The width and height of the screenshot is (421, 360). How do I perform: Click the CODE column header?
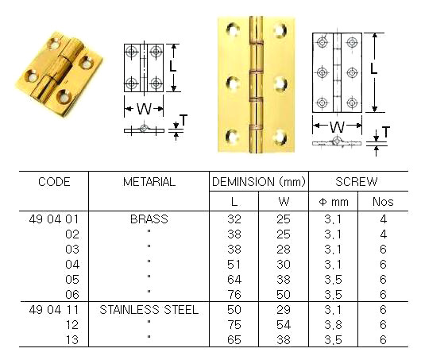pos(54,182)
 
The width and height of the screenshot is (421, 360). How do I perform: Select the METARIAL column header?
pos(149,182)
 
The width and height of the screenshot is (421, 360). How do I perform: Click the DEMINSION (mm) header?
pos(257,182)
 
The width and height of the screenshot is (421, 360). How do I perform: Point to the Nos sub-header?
pos(383,202)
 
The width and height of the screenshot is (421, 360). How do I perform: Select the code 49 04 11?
pos(54,310)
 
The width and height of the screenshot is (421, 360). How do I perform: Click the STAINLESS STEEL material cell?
pos(149,310)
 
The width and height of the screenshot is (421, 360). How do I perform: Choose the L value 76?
pos(234,295)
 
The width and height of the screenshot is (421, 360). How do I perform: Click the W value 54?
pos(282,325)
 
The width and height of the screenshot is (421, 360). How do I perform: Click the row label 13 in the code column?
pos(71,340)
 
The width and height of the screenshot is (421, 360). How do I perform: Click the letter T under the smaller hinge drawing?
pos(183,120)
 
